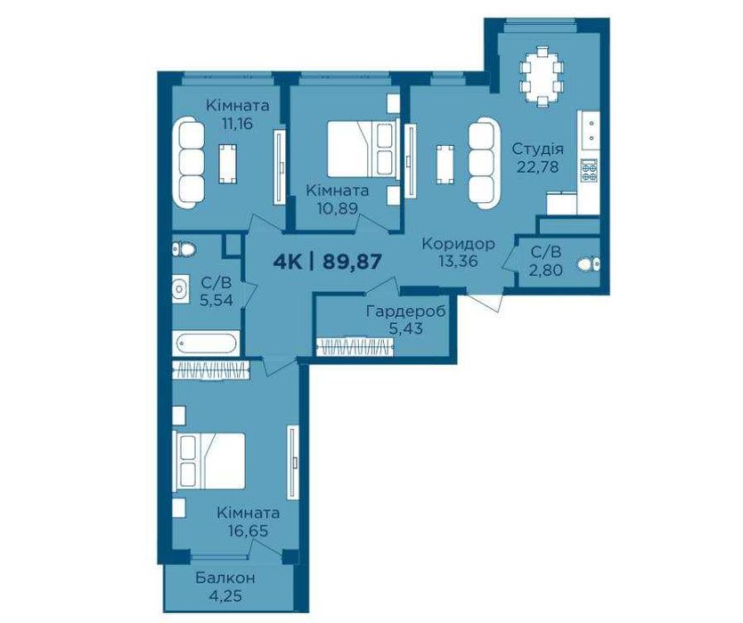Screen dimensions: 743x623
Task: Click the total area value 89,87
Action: (352, 262)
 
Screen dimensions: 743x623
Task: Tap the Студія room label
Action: (538, 150)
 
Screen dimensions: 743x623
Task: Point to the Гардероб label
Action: (406, 312)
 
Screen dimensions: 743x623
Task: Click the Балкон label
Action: (225, 578)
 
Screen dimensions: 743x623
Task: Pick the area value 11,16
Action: (237, 124)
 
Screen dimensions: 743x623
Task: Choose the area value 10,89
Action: (338, 208)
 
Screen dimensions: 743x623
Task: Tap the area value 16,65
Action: (248, 530)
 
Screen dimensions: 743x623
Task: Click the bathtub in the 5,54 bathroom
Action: (206, 344)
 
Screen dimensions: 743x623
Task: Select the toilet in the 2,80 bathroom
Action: (589, 263)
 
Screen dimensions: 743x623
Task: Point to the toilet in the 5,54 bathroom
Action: (184, 249)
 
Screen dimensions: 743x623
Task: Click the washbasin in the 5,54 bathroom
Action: (180, 287)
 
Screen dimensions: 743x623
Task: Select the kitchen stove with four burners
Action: (589, 170)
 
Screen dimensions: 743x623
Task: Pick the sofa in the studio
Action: (485, 162)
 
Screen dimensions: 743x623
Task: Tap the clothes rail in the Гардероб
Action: (355, 345)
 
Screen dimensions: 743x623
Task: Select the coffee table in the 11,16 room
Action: (228, 164)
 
